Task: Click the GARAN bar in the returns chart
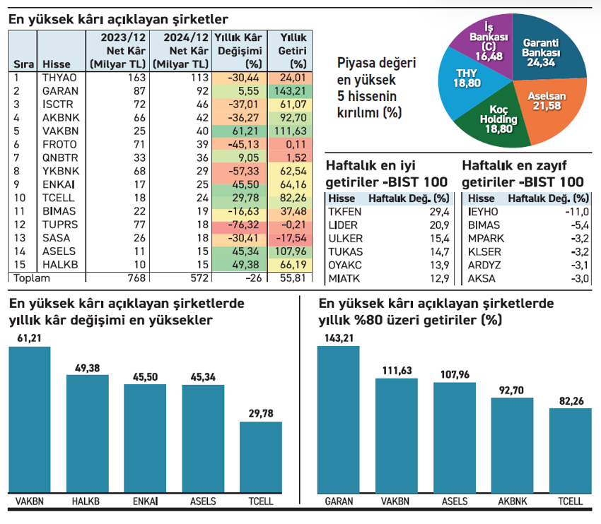[x=339, y=417]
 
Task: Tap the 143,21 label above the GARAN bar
[x=339, y=338]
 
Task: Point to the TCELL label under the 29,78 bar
[x=261, y=501]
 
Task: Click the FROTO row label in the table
[x=54, y=143]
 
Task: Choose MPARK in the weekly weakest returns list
[x=484, y=238]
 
